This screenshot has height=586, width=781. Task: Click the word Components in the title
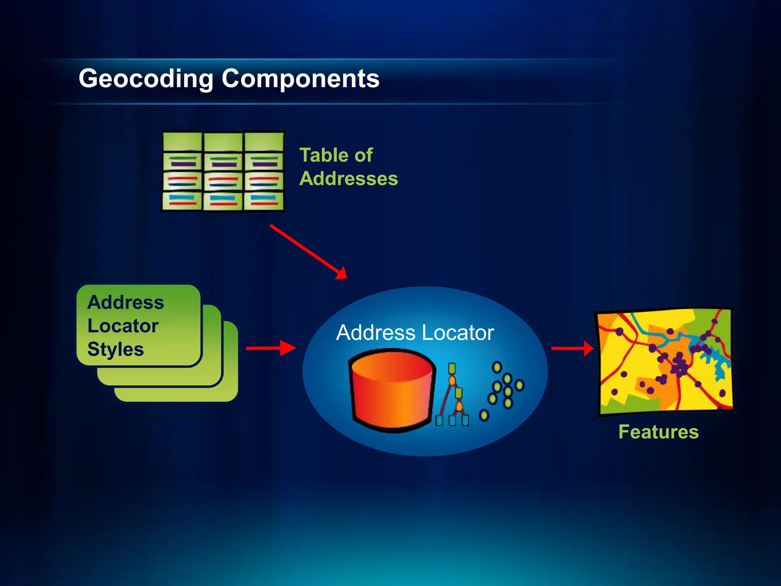301,79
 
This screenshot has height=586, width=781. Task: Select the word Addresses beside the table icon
349,179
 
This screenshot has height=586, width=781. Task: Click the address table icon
223,171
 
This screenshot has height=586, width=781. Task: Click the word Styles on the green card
116,349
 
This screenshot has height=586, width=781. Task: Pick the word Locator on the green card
123,326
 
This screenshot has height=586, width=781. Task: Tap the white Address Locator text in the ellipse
415,333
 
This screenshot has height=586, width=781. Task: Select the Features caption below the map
659,432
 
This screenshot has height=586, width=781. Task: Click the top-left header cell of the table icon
182,142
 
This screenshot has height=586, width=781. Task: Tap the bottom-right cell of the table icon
264,201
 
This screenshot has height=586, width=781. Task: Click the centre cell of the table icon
223,181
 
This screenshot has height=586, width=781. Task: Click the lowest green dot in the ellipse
484,415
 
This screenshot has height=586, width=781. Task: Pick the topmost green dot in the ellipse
497,367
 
